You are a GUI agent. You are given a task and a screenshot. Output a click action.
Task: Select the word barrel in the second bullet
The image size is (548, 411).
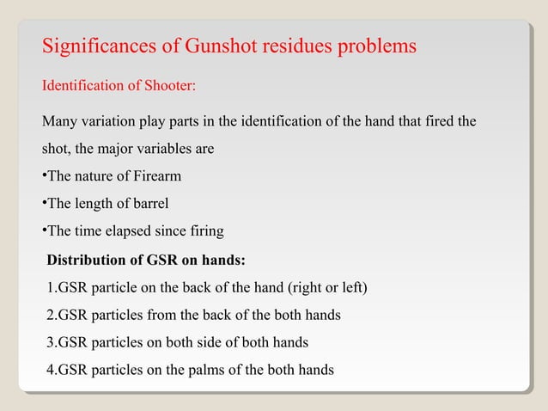pyautogui.click(x=149, y=204)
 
